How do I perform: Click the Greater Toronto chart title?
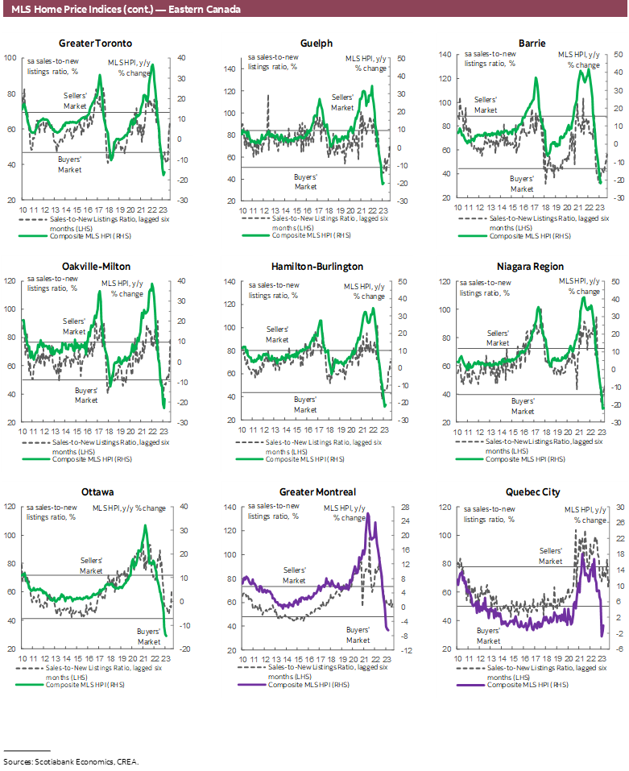click(96, 43)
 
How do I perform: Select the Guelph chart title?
click(317, 43)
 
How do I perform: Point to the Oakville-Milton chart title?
click(96, 267)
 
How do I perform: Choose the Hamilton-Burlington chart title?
click(317, 267)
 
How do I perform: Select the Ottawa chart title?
click(96, 491)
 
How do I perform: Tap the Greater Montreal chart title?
click(317, 491)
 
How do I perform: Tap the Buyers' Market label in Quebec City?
click(489, 636)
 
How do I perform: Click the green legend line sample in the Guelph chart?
click(253, 236)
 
